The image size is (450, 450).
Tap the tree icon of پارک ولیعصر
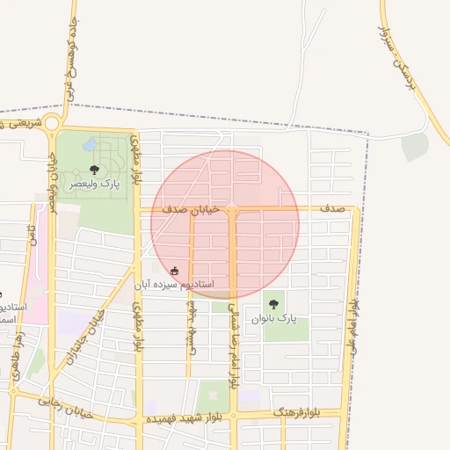(94, 169)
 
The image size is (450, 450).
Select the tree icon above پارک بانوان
(273, 304)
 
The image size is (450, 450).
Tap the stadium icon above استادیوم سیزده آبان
(175, 270)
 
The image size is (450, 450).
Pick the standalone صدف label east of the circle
(331, 209)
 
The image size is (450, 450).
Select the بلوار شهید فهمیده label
(182, 417)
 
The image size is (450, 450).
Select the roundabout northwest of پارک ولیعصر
(54, 122)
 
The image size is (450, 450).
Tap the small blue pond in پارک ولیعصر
(91, 144)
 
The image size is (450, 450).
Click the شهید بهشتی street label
(191, 327)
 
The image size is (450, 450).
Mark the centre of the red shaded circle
(225, 224)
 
